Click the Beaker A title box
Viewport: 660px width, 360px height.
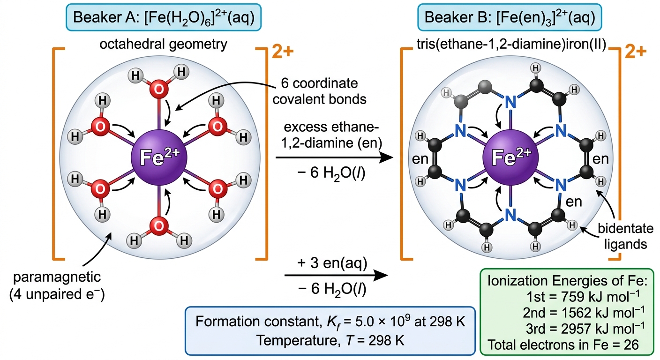tap(164, 17)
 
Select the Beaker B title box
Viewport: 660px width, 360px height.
tap(510, 17)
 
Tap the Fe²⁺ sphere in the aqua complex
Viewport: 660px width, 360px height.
tap(159, 157)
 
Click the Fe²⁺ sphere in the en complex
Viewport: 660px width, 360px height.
tap(510, 157)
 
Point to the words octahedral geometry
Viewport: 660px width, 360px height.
tap(164, 45)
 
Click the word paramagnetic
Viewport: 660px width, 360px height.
tap(57, 277)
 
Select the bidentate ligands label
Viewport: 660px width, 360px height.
tap(625, 236)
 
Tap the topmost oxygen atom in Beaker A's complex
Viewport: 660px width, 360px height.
tap(159, 89)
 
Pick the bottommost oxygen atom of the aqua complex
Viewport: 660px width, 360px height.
tap(159, 226)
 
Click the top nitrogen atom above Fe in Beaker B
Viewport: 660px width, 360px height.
tap(510, 102)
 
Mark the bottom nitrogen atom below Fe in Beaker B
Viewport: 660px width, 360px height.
tap(510, 215)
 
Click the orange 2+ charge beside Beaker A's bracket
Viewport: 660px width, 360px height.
tap(283, 52)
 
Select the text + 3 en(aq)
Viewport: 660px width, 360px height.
tap(332, 263)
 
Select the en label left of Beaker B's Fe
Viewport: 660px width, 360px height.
tap(420, 159)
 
